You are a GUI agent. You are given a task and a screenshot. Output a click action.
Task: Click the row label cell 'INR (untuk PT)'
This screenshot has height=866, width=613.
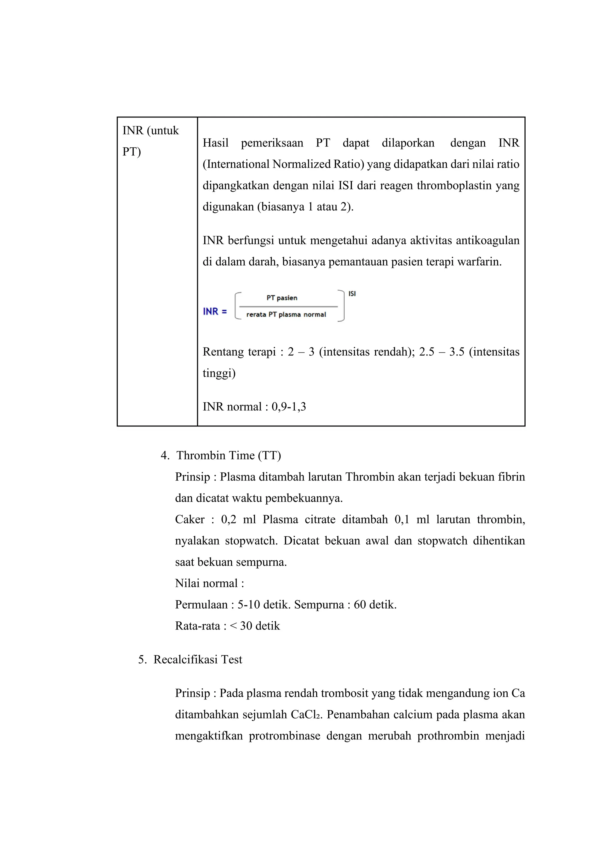[150, 141]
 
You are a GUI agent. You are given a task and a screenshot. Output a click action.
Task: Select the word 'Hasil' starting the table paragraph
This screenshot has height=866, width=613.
[216, 143]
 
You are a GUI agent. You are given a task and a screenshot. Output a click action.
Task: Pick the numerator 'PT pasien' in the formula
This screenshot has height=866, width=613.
[282, 298]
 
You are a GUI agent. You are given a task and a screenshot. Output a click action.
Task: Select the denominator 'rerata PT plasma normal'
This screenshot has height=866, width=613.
[286, 315]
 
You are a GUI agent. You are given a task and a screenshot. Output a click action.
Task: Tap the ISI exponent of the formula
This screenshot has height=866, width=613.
[352, 294]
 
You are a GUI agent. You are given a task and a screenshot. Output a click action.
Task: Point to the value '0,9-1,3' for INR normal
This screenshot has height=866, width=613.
[289, 407]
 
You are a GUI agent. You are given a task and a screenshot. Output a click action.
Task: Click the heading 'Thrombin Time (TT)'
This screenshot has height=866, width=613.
[229, 456]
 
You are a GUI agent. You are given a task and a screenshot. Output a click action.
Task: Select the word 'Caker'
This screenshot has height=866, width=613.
[189, 520]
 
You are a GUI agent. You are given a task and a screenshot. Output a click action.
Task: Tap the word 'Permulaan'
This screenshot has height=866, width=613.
[201, 605]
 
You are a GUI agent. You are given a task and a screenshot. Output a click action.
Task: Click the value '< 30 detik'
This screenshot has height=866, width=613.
[255, 626]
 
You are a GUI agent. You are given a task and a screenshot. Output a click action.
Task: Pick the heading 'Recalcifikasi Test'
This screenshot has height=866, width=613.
[198, 660]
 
